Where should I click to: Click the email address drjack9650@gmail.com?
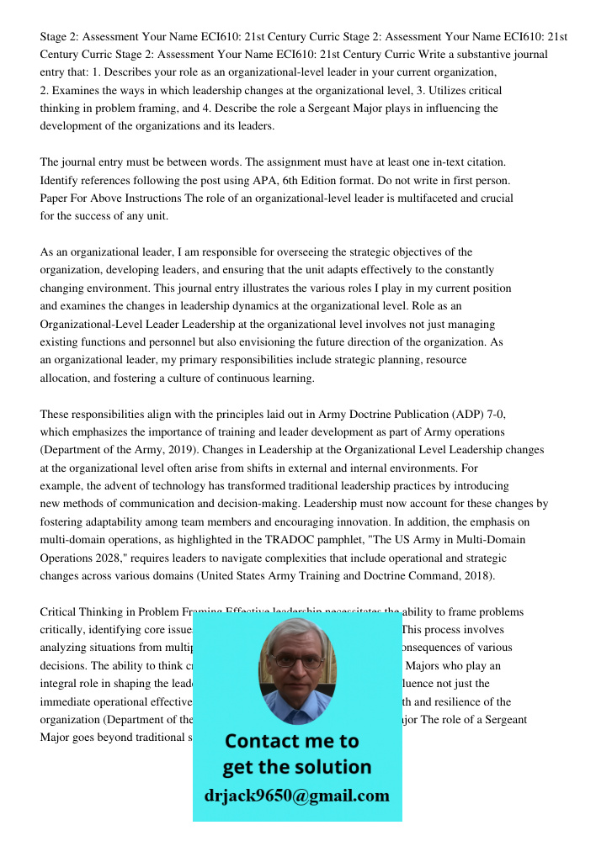[x=297, y=796]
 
